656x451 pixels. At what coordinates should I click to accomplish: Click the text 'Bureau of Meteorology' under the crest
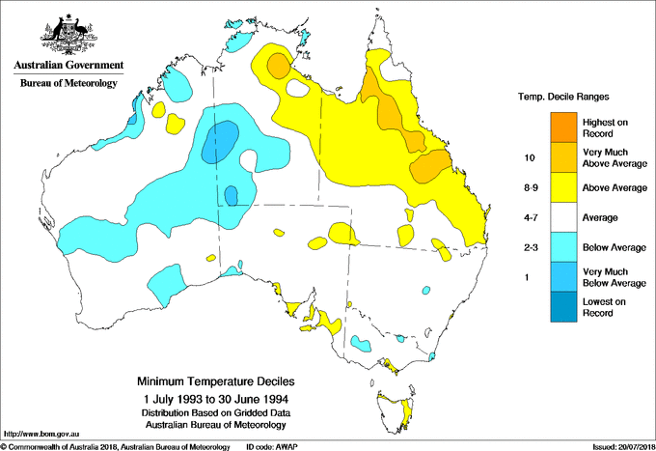tap(68, 84)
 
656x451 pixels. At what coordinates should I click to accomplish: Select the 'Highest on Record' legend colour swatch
tap(561, 126)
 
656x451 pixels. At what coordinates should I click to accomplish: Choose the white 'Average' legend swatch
tap(561, 218)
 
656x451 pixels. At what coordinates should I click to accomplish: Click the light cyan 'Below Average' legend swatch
tap(561, 248)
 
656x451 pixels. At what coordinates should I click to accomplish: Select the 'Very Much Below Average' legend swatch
tap(561, 278)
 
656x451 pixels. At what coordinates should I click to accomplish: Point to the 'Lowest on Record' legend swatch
tap(561, 309)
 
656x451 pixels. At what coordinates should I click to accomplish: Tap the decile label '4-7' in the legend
tap(528, 218)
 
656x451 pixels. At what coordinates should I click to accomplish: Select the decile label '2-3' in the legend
tap(528, 248)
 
